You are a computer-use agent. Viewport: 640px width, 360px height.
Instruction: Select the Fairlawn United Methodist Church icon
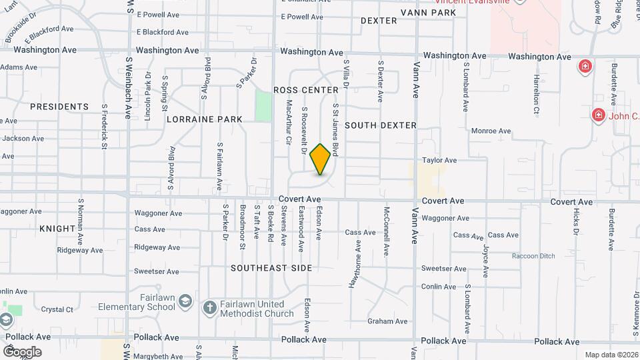(x=209, y=307)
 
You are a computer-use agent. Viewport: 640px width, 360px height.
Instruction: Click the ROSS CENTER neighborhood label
(x=306, y=90)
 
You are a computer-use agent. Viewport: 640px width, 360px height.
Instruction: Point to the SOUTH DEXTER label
(x=381, y=125)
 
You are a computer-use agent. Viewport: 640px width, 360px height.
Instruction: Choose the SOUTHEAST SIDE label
(x=271, y=268)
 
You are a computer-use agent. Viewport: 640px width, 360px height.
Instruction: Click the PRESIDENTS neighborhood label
(x=59, y=107)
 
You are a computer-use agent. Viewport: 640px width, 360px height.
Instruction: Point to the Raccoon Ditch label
(x=533, y=256)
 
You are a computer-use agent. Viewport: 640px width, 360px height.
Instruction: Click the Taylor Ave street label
(x=439, y=161)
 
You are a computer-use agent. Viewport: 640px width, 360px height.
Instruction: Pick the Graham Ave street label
(x=387, y=321)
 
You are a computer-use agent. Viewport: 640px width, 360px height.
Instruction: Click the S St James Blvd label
(x=337, y=131)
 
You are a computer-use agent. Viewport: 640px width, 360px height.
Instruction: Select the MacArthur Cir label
(x=289, y=122)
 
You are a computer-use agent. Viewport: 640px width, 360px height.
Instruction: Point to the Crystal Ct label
(x=57, y=309)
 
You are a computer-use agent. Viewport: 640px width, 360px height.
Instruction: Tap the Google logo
(x=22, y=352)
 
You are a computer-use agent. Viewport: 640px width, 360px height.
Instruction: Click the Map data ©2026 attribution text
(x=611, y=355)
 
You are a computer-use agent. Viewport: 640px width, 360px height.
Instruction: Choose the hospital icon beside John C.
(x=598, y=116)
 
